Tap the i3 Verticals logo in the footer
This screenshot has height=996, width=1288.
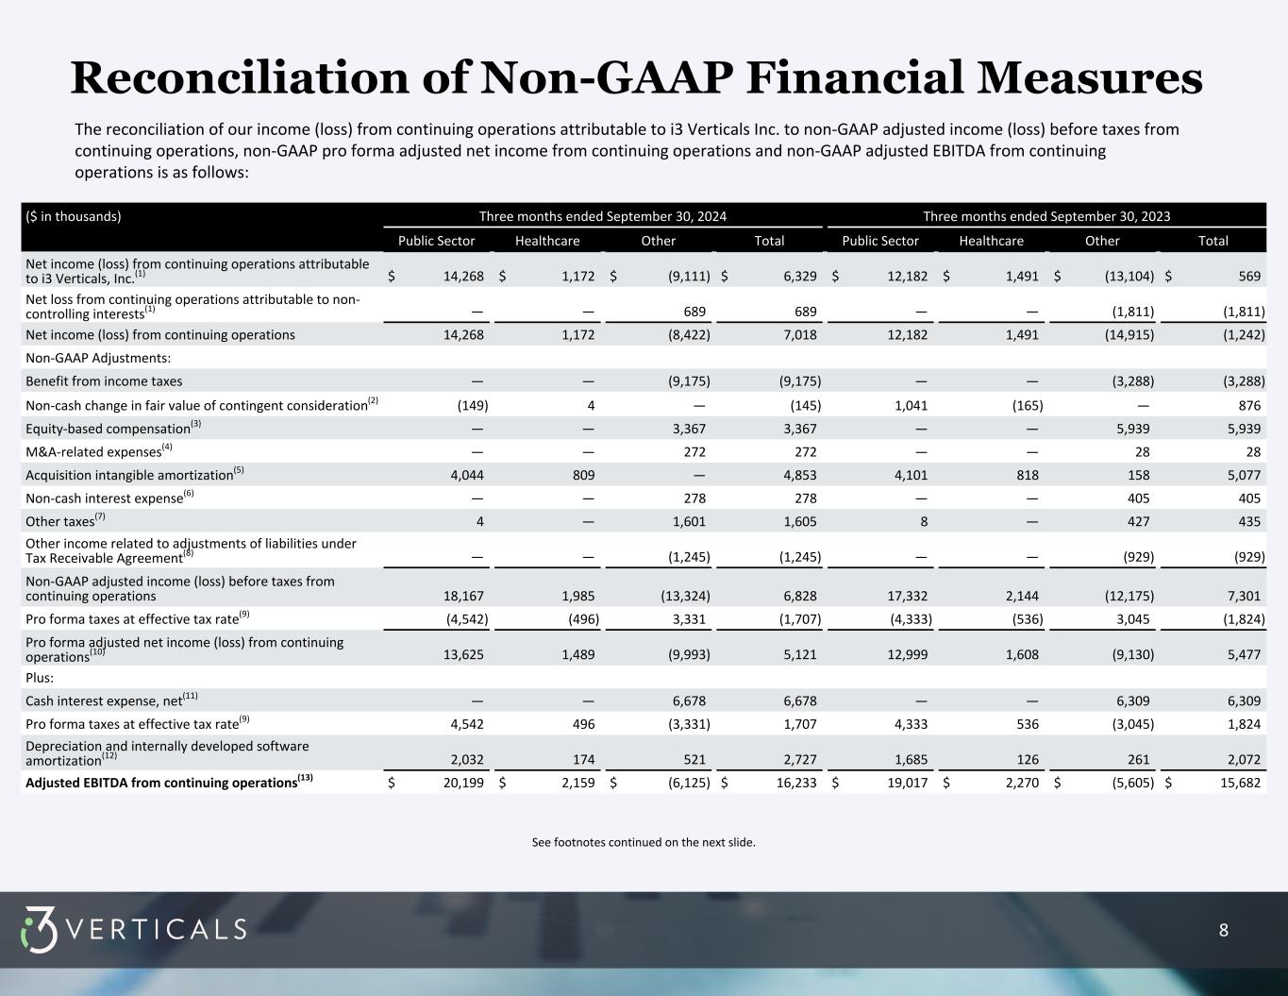[x=133, y=929]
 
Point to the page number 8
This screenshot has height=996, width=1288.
[x=1223, y=930]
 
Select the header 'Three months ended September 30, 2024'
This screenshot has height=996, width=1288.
[x=602, y=216]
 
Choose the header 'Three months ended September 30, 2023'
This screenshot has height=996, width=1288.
[x=1046, y=216]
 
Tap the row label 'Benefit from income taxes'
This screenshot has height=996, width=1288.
[x=104, y=381]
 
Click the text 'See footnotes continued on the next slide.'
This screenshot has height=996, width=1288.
[x=644, y=842]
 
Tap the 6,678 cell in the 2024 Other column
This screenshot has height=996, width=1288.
[x=686, y=701]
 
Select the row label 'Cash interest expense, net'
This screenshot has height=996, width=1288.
[x=103, y=701]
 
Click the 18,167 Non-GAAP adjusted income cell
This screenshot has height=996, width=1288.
[x=463, y=597]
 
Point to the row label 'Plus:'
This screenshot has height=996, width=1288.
[x=40, y=678]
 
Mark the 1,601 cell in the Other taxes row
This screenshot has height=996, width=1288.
[x=686, y=522]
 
